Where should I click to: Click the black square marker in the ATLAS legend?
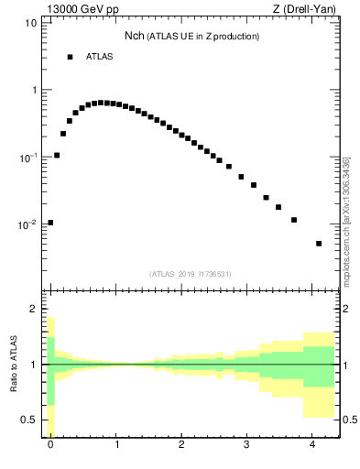(70, 57)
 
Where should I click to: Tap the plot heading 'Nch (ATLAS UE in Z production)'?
(191, 37)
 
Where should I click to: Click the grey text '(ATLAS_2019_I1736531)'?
(191, 274)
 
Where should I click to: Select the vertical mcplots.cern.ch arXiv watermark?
(346, 220)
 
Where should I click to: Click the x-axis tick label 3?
(247, 445)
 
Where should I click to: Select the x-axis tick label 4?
(313, 445)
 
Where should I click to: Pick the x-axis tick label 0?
(50, 445)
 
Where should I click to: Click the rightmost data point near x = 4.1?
(319, 244)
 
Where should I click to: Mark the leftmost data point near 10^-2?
(50, 223)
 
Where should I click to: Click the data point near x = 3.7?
(294, 220)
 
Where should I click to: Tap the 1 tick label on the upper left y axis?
(33, 90)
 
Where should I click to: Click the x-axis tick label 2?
(181, 445)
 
